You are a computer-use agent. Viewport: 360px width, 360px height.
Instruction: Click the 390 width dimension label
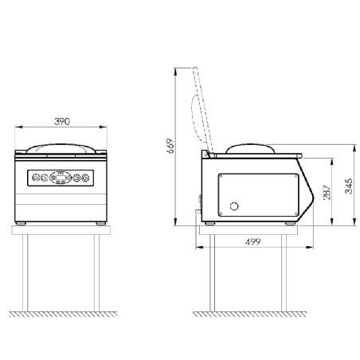pos(62,121)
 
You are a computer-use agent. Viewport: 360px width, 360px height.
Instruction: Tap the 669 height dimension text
pos(170,146)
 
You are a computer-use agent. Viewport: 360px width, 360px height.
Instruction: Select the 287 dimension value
pos(327,192)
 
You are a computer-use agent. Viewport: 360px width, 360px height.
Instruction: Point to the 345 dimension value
pos(349,186)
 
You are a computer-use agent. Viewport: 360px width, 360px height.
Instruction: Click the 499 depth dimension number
pos(252,242)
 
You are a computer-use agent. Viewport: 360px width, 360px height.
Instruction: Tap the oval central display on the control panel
pos(61,178)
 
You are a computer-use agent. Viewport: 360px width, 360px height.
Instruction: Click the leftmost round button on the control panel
pos(36,178)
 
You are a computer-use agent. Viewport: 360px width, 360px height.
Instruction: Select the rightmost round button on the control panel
pos(85,178)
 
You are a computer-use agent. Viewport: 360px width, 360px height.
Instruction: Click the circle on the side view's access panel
pos(234,206)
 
